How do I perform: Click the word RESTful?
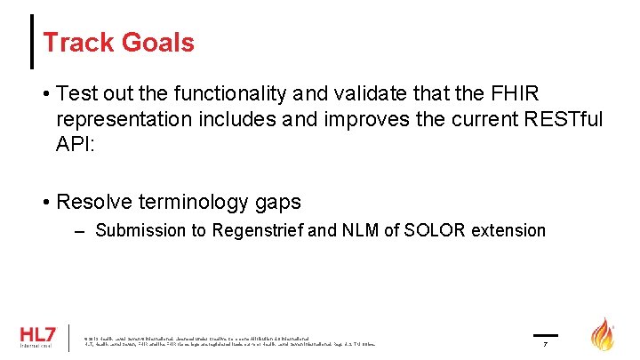click(551, 119)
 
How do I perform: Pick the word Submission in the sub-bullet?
click(137, 231)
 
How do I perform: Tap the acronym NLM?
click(349, 231)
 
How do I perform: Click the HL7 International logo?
click(37, 337)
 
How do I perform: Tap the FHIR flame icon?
click(604, 334)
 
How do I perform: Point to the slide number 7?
click(545, 343)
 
